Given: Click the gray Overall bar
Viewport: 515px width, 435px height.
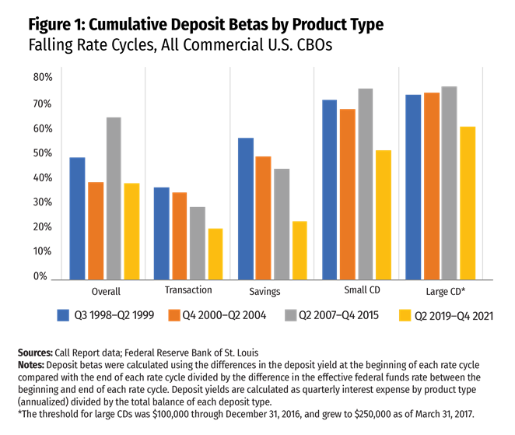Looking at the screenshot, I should pyautogui.click(x=114, y=198).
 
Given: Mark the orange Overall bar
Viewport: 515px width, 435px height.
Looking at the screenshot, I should pyautogui.click(x=96, y=230).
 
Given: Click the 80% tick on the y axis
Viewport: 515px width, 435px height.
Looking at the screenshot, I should pyautogui.click(x=42, y=79).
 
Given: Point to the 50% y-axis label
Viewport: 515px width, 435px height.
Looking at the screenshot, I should pyautogui.click(x=42, y=153).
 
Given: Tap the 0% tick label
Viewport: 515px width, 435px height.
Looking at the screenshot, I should pyautogui.click(x=42, y=276).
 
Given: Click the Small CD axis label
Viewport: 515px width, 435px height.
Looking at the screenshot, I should pyautogui.click(x=362, y=290).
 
